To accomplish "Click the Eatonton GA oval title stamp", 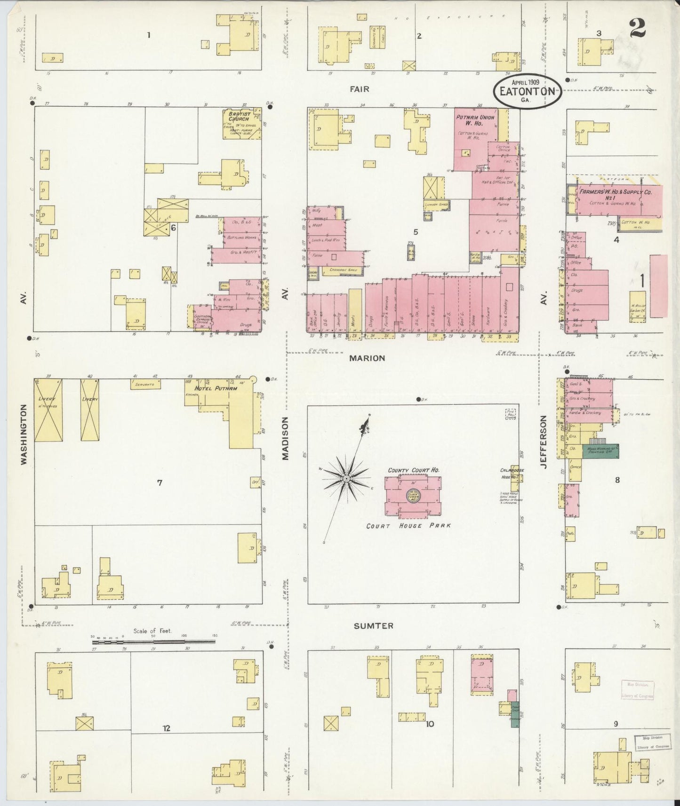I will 527,90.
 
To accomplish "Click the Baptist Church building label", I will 239,116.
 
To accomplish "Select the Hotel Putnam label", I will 215,388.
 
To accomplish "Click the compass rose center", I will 346,478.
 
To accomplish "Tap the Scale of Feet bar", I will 154,641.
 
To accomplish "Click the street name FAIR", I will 359,89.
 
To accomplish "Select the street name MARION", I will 367,358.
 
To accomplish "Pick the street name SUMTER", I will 374,626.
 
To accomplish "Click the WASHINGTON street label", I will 24,435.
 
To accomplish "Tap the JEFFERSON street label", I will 544,442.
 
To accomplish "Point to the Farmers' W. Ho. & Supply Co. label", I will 615,192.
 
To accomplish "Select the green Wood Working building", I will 600,451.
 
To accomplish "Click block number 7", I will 160,482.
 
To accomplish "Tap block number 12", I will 166,728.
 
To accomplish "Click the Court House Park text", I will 408,526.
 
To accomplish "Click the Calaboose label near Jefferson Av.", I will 512,470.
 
